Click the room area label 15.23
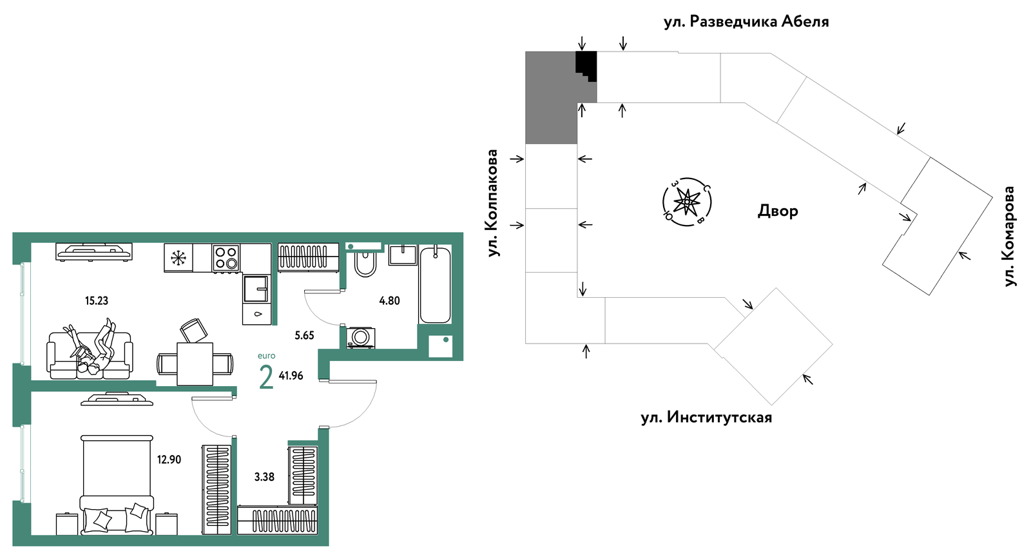[x=97, y=301]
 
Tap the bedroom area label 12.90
[x=169, y=459]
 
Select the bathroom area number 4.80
[x=389, y=301]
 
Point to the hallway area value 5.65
[x=304, y=335]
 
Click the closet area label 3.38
[x=264, y=476]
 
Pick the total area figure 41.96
[x=291, y=375]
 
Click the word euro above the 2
[x=267, y=356]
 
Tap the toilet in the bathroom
[x=365, y=262]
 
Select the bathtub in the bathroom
[x=435, y=285]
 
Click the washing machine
[x=360, y=338]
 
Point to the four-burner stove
[x=226, y=257]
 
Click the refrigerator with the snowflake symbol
[x=178, y=257]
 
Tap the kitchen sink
[x=256, y=289]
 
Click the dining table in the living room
[x=195, y=364]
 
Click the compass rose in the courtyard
[x=687, y=202]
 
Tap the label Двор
[x=778, y=211]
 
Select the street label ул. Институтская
[x=706, y=418]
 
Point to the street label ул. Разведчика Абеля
[x=746, y=22]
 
